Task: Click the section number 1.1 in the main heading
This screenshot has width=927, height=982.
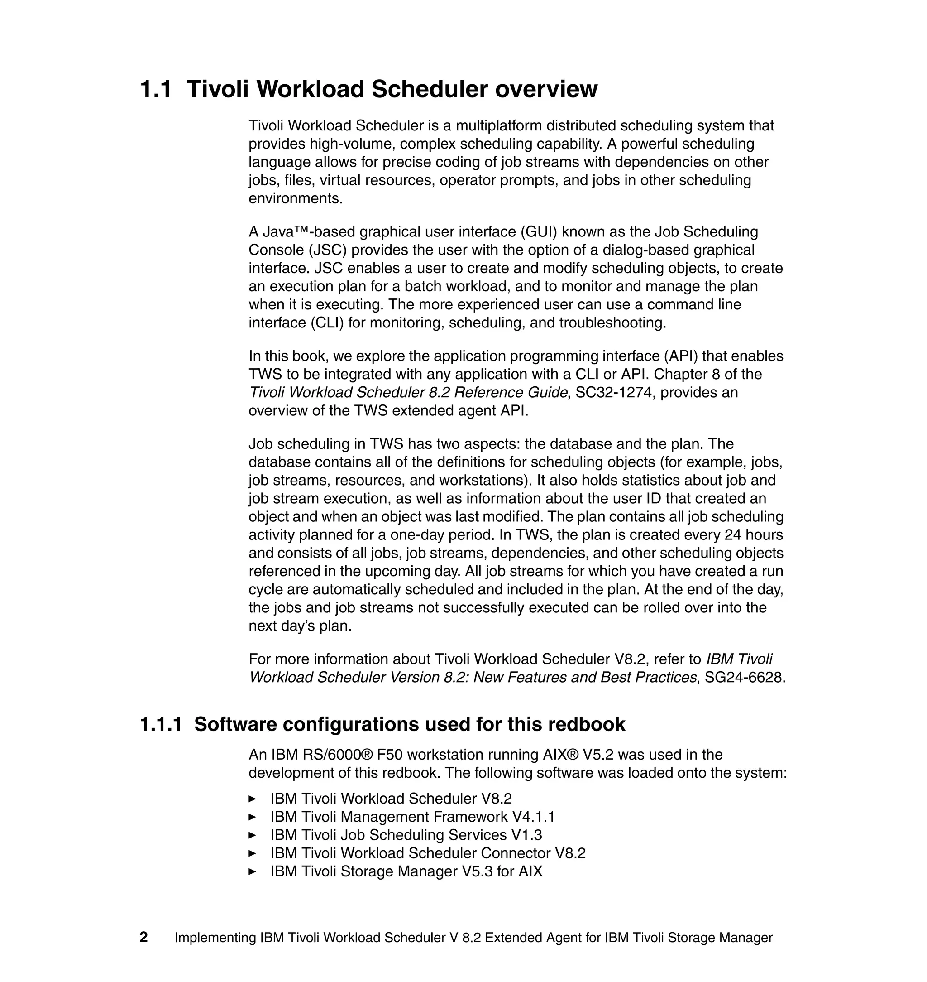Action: point(156,90)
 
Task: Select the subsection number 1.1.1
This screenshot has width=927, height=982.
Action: point(161,724)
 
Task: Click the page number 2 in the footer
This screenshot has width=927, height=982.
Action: point(144,937)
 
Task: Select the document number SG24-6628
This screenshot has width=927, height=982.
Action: point(744,678)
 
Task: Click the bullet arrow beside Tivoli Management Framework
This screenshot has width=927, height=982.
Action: point(252,817)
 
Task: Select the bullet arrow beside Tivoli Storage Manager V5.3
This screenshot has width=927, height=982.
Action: point(252,872)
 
